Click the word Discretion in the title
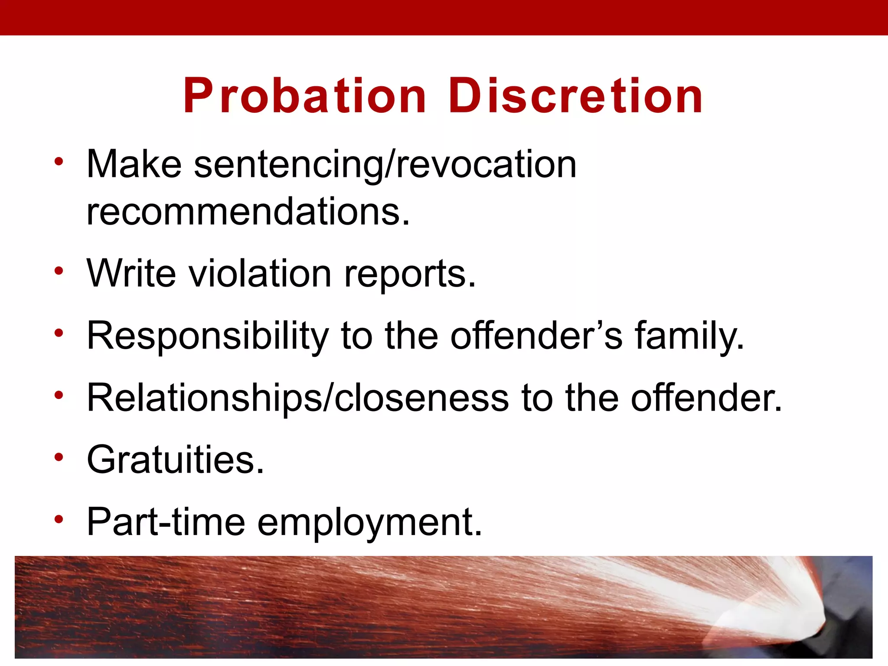click(575, 96)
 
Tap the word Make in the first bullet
click(134, 164)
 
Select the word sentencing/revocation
click(385, 165)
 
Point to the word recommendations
click(248, 212)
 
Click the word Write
click(131, 274)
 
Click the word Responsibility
click(208, 336)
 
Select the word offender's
click(536, 336)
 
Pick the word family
click(689, 336)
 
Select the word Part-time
click(166, 522)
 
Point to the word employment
click(369, 523)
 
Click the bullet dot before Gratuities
click(59, 457)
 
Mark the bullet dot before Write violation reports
click(59, 271)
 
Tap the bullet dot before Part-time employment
click(59, 519)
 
